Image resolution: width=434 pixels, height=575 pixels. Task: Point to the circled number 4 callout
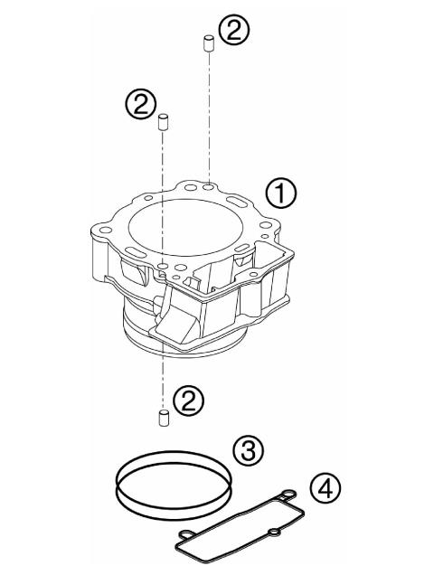pyautogui.click(x=324, y=487)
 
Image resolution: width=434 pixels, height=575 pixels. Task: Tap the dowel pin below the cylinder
pyautogui.click(x=164, y=418)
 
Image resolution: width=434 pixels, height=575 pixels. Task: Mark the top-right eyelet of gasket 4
pyautogui.click(x=288, y=494)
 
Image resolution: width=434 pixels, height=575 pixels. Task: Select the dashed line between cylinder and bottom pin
pyautogui.click(x=164, y=380)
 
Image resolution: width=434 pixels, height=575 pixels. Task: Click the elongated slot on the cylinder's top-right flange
pyautogui.click(x=243, y=198)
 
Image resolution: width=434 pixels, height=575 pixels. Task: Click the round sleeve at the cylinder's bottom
pyautogui.click(x=181, y=339)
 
